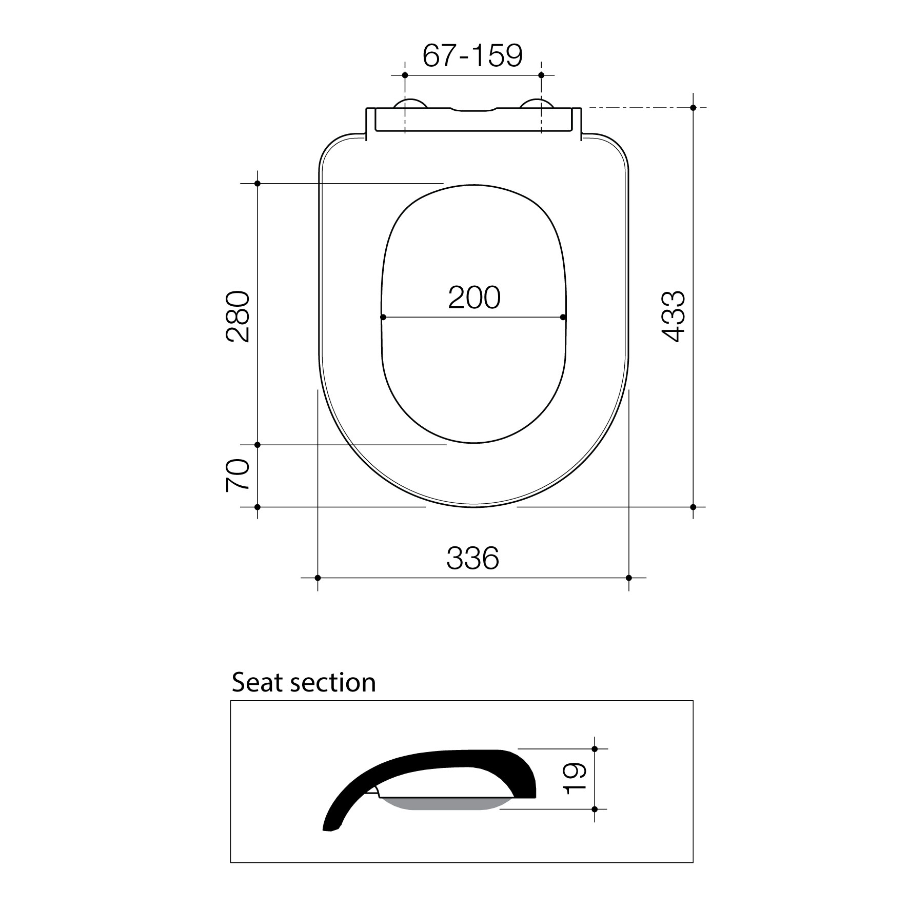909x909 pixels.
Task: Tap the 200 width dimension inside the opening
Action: (474, 298)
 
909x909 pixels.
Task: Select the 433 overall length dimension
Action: (673, 316)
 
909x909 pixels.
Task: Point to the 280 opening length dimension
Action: (238, 317)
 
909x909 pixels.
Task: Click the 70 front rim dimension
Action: (238, 476)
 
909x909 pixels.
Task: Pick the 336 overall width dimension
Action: (472, 558)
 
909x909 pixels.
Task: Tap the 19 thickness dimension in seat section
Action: (574, 778)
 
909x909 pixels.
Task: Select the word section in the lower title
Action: (333, 683)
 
